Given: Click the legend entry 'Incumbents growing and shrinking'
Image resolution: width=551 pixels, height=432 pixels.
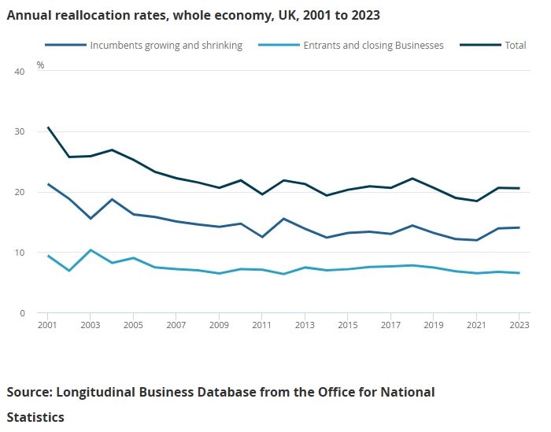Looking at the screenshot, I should [166, 45].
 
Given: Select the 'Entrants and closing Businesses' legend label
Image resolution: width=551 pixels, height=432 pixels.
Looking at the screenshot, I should [373, 45].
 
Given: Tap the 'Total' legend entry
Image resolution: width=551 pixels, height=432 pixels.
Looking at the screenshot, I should [516, 45].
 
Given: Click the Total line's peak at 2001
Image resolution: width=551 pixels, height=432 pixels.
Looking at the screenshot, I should [48, 127].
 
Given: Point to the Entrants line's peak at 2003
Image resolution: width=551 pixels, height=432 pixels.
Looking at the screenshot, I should [91, 250].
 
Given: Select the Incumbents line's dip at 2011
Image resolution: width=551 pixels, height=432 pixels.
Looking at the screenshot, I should [262, 237].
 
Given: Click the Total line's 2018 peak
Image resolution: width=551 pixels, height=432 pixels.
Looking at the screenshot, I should [412, 179].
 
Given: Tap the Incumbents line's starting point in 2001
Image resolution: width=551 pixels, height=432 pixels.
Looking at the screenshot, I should [48, 184].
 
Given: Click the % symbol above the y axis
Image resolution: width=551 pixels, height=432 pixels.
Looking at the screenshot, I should [41, 65].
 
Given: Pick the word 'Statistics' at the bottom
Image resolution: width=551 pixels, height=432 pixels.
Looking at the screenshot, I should [35, 415].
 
